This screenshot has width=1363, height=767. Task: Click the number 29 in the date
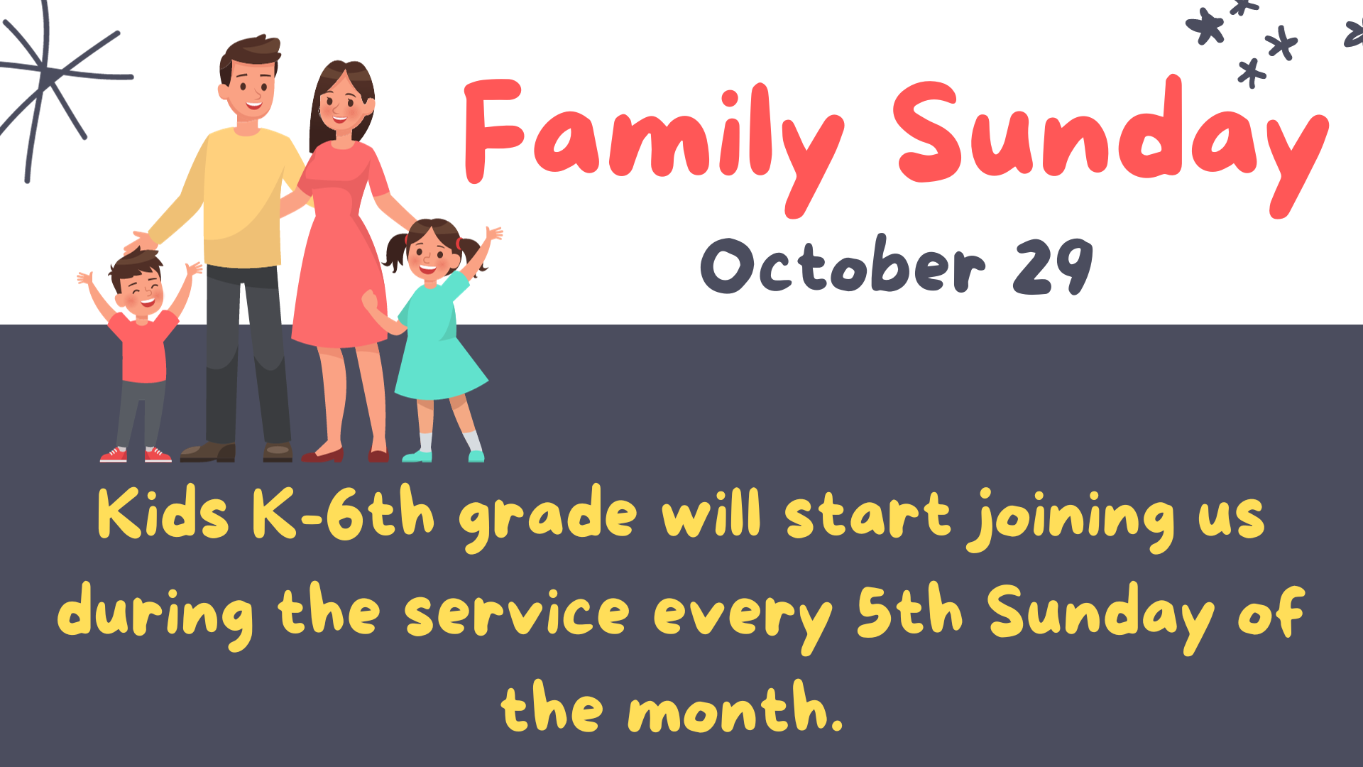1052,266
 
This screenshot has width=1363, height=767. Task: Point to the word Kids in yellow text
163,513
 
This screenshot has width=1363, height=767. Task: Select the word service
517,612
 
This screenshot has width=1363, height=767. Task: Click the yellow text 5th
909,609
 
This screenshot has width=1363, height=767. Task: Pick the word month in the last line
735,707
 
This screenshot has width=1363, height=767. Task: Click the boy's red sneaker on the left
114,455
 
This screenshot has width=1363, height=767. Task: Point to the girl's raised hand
493,234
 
